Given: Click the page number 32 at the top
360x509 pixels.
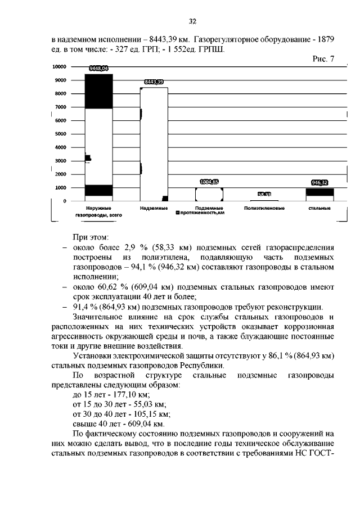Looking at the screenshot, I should click(x=192, y=21).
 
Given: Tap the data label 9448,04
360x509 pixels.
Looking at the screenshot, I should click(x=98, y=69).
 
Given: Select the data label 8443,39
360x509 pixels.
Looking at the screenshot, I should click(x=154, y=82).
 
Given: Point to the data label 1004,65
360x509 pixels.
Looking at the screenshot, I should click(x=209, y=182).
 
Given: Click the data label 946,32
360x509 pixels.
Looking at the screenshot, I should click(x=319, y=182).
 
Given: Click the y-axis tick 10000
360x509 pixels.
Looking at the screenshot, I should click(x=60, y=66).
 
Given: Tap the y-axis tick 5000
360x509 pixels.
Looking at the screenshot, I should click(x=61, y=134).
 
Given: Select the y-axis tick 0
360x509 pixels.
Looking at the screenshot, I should click(x=65, y=201).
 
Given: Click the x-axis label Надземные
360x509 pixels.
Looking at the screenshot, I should click(x=154, y=208).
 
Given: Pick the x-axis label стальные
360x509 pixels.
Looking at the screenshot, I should click(x=319, y=208).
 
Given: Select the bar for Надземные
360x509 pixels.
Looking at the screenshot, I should click(x=154, y=144).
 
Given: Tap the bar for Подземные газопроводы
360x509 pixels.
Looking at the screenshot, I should click(x=209, y=194).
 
